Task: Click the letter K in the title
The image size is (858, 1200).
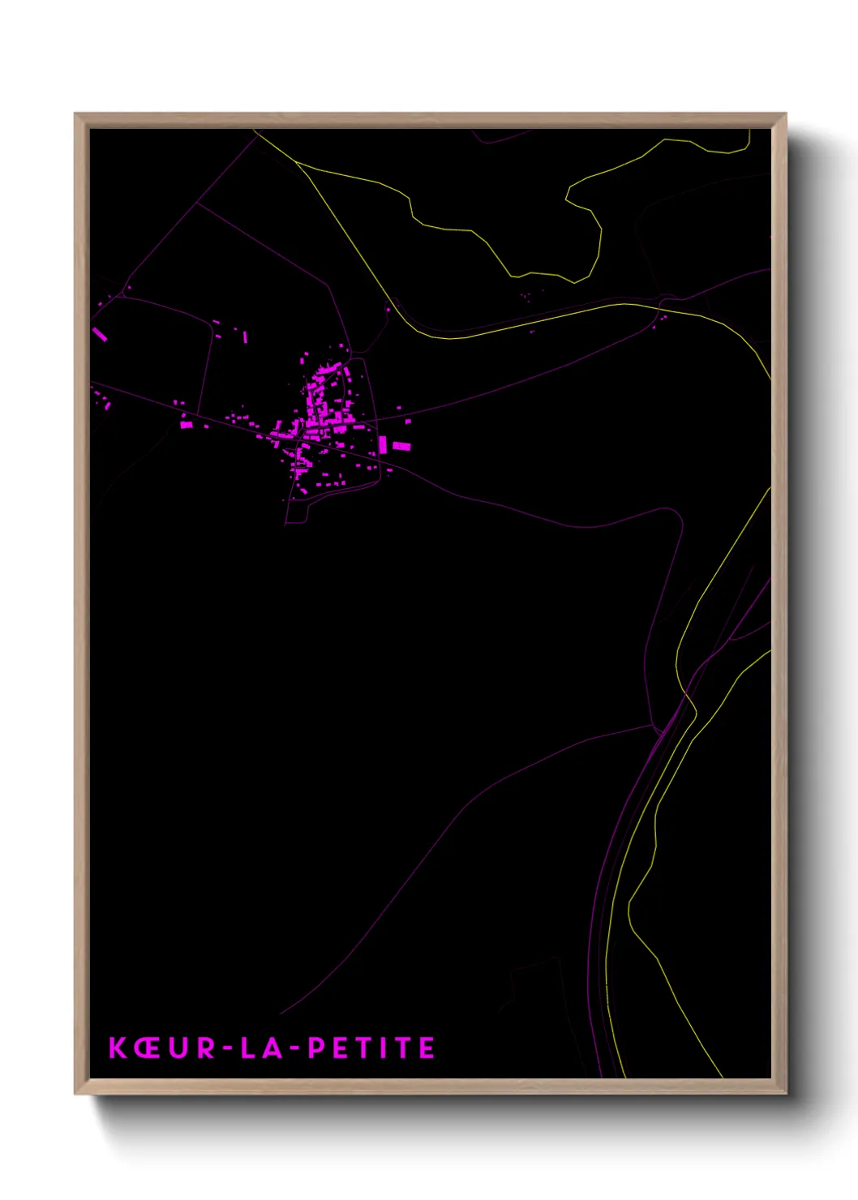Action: click(x=118, y=1048)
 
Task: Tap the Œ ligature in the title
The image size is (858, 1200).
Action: click(x=148, y=1048)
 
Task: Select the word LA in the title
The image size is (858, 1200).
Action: click(x=261, y=1048)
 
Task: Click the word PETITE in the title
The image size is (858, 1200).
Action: click(x=372, y=1048)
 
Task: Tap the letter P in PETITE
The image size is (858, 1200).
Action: click(x=317, y=1048)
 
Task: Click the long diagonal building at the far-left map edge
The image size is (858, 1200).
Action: click(x=101, y=334)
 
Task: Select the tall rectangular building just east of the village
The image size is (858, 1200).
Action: click(x=383, y=444)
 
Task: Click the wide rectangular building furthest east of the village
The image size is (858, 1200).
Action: click(x=401, y=446)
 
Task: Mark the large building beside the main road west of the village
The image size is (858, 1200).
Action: click(x=187, y=424)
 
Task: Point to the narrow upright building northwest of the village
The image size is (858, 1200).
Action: click(x=245, y=337)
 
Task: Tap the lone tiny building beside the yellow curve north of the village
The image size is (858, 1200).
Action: click(x=388, y=310)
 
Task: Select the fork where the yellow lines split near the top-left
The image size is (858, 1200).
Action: click(x=295, y=161)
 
